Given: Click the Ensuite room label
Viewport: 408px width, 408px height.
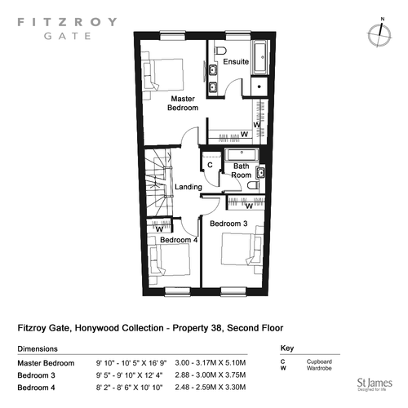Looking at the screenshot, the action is click(236, 62).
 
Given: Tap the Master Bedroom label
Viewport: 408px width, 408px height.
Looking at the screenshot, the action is click(183, 103).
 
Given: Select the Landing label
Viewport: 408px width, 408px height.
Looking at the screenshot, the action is click(188, 187).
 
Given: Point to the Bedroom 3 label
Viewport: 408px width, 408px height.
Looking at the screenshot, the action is click(228, 224).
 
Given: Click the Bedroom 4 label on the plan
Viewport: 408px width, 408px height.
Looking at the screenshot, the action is click(179, 240).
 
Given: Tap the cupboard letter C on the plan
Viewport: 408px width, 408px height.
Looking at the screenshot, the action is click(210, 165).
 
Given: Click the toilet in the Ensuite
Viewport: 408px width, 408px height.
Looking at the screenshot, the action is click(220, 51).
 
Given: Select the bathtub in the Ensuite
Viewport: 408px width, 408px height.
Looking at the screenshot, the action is click(261, 57).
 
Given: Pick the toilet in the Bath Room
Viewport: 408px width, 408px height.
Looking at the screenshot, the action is click(254, 185).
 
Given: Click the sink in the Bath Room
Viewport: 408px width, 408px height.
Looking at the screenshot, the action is click(260, 172).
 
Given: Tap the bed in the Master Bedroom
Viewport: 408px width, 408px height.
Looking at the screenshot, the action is click(163, 74).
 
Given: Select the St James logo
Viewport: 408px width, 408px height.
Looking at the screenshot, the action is click(375, 384).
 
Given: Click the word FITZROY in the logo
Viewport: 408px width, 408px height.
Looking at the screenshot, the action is click(67, 22).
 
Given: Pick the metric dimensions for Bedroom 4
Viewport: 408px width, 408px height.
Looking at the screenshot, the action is click(211, 387).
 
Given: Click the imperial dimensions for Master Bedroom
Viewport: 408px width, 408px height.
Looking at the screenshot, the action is click(131, 363).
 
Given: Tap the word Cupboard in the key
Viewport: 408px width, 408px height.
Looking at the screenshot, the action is click(319, 361).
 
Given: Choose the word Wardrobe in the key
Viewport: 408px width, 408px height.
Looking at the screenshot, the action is click(319, 368).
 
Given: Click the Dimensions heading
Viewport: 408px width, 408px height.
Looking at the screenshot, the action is click(38, 348).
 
